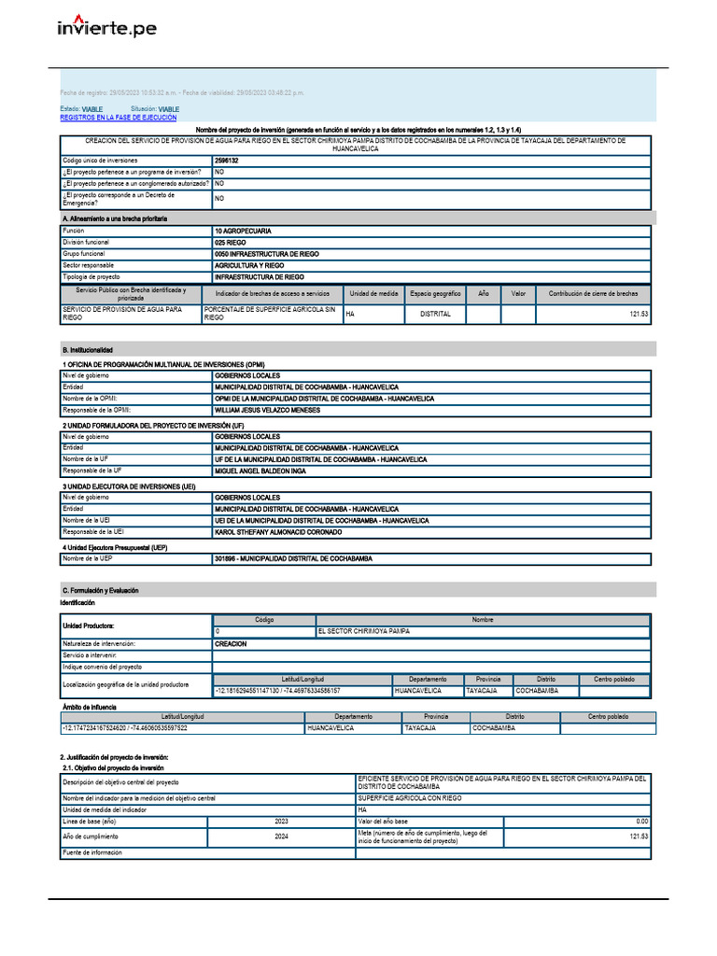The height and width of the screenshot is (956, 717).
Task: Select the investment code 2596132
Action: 226,161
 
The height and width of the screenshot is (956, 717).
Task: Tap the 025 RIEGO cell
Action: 230,242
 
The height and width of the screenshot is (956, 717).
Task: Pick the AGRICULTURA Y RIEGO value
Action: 248,265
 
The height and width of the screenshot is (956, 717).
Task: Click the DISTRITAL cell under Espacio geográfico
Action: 435,315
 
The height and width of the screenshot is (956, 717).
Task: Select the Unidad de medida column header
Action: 374,293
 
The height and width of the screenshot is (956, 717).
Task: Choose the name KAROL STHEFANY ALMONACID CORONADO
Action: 278,532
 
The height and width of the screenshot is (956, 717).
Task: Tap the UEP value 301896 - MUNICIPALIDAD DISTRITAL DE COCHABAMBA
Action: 293,558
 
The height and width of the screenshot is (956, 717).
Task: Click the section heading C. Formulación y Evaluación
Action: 100,591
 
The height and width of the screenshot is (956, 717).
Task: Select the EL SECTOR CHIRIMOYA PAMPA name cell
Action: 363,631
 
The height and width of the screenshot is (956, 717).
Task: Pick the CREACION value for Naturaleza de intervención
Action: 231,644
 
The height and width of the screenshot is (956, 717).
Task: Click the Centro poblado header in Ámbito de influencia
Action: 608,717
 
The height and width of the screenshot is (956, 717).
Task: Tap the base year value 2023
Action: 281,821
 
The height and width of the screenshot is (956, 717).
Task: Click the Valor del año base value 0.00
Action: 641,821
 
